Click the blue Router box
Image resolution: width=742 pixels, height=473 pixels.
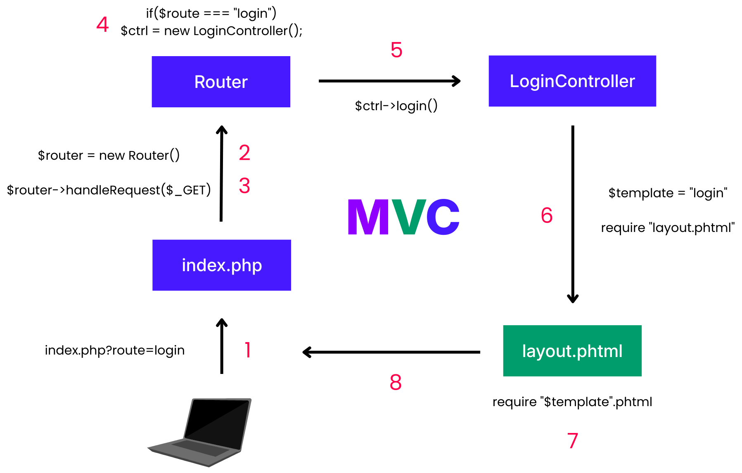pyautogui.click(x=221, y=82)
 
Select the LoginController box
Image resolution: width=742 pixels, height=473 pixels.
pyautogui.click(x=572, y=81)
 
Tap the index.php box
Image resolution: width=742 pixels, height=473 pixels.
pyautogui.click(x=222, y=265)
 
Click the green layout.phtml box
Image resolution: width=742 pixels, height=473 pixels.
pyautogui.click(x=572, y=351)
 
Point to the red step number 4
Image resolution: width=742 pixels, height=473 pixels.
pyautogui.click(x=102, y=24)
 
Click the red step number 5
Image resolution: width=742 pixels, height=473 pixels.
pyautogui.click(x=396, y=50)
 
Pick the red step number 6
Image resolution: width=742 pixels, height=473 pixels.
pyautogui.click(x=547, y=215)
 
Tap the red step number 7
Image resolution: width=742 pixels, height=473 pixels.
pyautogui.click(x=572, y=441)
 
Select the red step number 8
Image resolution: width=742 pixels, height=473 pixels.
pyautogui.click(x=396, y=382)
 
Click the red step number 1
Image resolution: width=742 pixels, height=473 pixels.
pyautogui.click(x=248, y=350)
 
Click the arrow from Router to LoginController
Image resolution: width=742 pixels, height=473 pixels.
pyautogui.click(x=389, y=81)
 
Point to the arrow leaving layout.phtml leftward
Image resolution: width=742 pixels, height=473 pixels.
pyautogui.click(x=391, y=352)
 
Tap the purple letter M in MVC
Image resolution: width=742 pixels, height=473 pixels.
pyautogui.click(x=368, y=217)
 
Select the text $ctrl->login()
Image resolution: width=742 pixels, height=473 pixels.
pyautogui.click(x=396, y=106)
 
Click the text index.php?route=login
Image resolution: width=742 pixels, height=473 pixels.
pyautogui.click(x=115, y=350)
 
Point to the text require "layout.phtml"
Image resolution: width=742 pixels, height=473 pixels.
pyautogui.click(x=668, y=228)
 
